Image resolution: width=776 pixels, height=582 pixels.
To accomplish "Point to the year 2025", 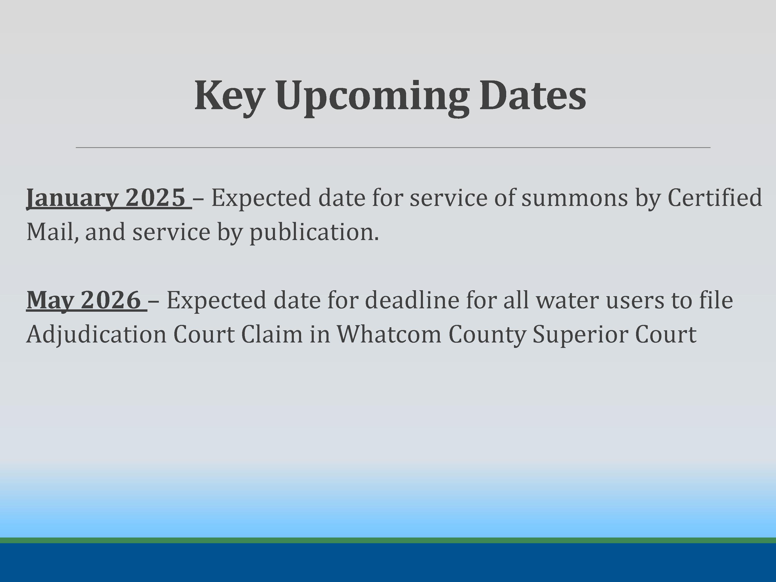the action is [x=155, y=197].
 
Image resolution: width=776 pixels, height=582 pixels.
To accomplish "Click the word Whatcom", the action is [x=389, y=334].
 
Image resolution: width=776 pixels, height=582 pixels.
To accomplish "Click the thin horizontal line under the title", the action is [x=393, y=148].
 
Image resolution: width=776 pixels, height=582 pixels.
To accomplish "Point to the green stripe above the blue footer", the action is [x=388, y=540].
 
